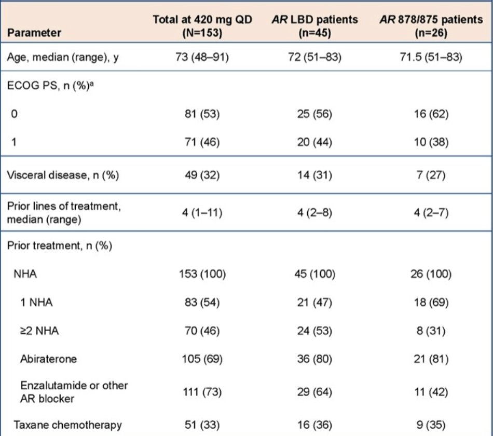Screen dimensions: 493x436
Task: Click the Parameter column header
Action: coord(34,33)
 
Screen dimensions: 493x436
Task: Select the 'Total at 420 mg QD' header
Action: coord(202,26)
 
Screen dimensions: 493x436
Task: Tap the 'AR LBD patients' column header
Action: coord(314,26)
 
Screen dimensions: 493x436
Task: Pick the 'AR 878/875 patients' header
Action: coord(431,26)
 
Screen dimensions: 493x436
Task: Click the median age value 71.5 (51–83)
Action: coord(431,57)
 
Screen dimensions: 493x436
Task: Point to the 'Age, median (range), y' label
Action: coord(63,57)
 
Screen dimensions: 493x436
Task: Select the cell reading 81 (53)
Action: coord(202,114)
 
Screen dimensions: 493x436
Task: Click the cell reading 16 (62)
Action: coord(431,114)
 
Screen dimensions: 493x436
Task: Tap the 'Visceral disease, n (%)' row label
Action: coord(63,175)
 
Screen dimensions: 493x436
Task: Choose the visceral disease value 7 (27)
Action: coord(431,175)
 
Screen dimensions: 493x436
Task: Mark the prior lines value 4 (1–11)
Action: coord(202,213)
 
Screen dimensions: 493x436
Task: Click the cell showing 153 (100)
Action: coord(202,274)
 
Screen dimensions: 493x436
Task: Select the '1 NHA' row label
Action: coord(36,302)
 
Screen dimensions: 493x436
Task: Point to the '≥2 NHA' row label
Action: coord(39,331)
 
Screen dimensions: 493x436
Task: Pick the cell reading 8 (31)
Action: coord(431,331)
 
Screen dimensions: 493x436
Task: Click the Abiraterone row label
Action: coord(48,359)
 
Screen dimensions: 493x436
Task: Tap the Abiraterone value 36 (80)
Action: coord(314,359)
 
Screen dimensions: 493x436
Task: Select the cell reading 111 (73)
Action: coord(202,392)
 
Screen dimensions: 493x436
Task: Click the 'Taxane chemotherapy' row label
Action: coord(67,425)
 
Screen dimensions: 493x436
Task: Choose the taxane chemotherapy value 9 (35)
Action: coord(431,425)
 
